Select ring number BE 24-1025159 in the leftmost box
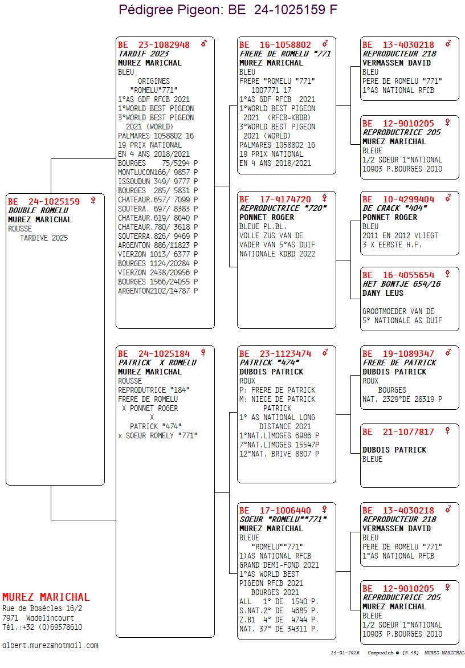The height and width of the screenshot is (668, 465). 44,201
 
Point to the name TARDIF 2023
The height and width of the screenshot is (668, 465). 143,54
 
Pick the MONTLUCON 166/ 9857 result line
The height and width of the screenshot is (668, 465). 158,172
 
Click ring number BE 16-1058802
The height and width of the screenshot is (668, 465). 275,44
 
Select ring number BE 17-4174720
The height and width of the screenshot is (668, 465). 275,199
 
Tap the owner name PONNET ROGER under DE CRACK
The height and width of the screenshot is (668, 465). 390,217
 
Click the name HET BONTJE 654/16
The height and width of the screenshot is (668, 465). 401,284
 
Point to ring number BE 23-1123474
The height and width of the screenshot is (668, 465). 275,353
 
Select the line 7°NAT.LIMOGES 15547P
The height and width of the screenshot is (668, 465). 279,445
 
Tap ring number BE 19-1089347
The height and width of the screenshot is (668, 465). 398,353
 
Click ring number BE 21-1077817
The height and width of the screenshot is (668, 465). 398,431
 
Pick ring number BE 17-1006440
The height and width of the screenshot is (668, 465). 275,510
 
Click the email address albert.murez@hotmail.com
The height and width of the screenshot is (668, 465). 50,645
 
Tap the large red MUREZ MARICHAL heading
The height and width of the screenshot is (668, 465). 46,597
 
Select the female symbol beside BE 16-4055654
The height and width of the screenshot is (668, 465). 448,274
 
